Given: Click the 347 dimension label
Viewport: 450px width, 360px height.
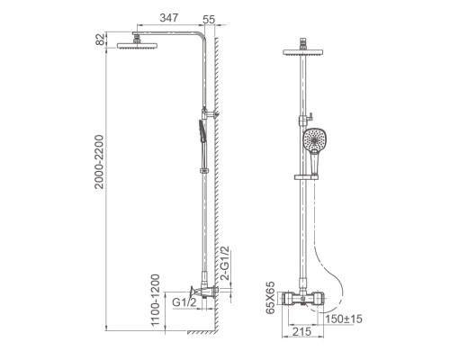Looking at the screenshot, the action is coord(169,18).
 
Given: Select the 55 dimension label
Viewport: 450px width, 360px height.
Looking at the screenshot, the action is coord(209,20).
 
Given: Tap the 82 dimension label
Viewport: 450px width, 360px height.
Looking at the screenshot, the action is coord(101,40).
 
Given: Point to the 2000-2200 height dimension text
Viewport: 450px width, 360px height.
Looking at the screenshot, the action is coord(99,162).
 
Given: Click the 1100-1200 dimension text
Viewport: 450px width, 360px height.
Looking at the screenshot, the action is coord(156,300).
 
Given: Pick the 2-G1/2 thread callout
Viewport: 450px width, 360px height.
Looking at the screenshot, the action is coord(225,263).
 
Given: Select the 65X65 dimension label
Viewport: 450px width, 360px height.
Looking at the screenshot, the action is coord(270,298).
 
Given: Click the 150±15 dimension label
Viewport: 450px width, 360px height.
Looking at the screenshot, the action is coord(344,319).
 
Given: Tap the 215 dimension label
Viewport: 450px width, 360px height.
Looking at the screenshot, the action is coord(301,332).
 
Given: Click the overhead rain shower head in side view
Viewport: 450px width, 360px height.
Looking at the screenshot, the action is coord(137,45).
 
